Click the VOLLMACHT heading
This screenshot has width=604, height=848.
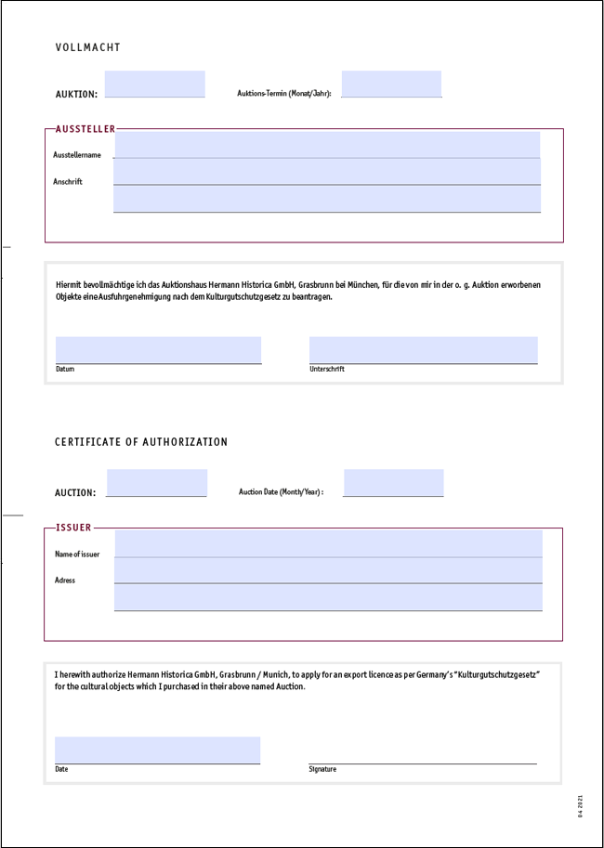pos(88,47)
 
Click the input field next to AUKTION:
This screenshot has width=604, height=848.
pos(154,84)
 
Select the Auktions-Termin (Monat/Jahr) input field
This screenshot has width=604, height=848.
pos(391,84)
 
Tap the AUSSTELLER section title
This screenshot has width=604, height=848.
pos(85,129)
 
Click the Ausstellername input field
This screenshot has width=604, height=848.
pos(326,145)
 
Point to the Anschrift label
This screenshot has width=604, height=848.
pos(68,182)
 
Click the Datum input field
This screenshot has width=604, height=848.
pos(158,349)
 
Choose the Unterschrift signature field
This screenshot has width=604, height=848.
pos(423,349)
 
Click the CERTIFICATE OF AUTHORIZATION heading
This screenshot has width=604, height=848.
pos(141,442)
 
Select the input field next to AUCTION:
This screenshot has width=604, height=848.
pos(156,482)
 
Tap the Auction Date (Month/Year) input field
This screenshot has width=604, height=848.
pos(393,482)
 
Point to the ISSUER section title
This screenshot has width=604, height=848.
pos(74,528)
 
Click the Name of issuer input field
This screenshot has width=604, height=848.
pos(328,543)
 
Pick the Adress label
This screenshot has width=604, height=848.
pos(65,581)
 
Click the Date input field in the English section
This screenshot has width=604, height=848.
pos(157,750)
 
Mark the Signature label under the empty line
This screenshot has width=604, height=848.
pos(322,769)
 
